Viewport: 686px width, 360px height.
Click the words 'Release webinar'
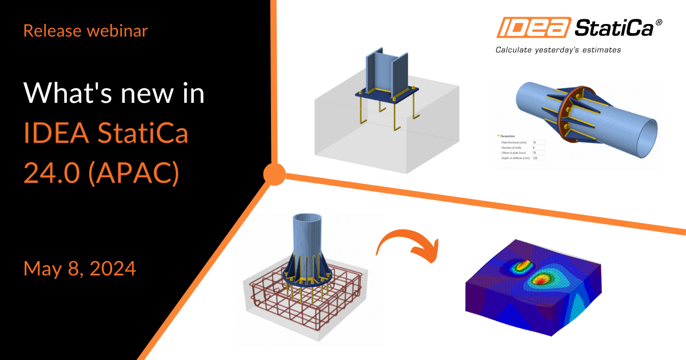point(85,31)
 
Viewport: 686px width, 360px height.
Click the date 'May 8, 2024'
point(79,268)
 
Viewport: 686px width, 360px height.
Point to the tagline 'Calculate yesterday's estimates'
point(558,50)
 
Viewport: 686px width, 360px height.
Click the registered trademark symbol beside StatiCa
point(659,21)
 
